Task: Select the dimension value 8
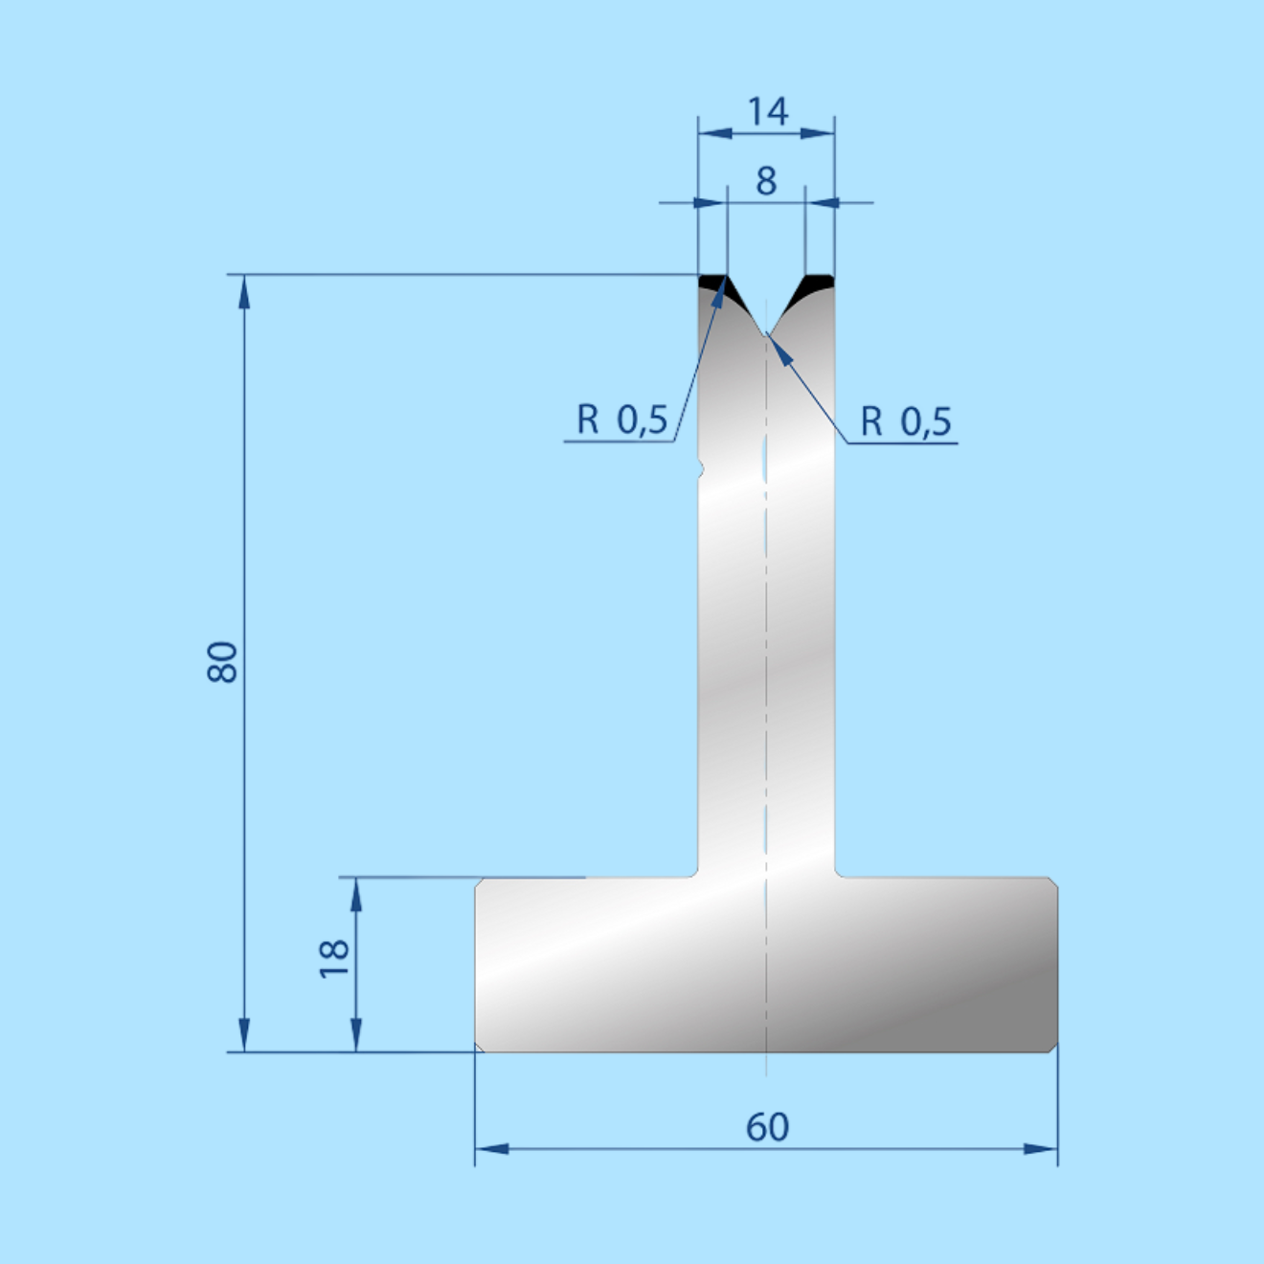pos(766,181)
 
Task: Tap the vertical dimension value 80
pos(222,663)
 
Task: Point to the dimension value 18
pos(334,959)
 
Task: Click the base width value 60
pos(767,1128)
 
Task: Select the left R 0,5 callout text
pos(621,419)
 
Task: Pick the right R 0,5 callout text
pos(906,421)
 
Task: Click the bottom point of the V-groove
pos(766,334)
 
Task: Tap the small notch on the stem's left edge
pos(701,469)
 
